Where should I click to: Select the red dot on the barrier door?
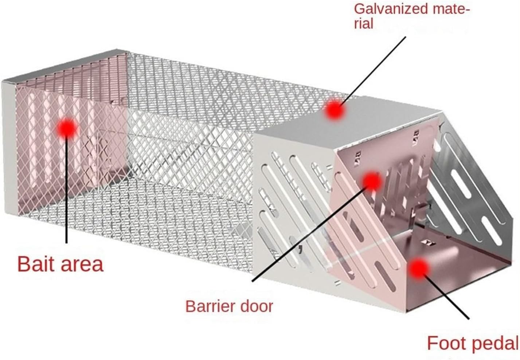[x=372, y=181]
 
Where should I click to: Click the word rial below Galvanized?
[x=364, y=24]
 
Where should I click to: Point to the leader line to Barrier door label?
[x=310, y=233]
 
